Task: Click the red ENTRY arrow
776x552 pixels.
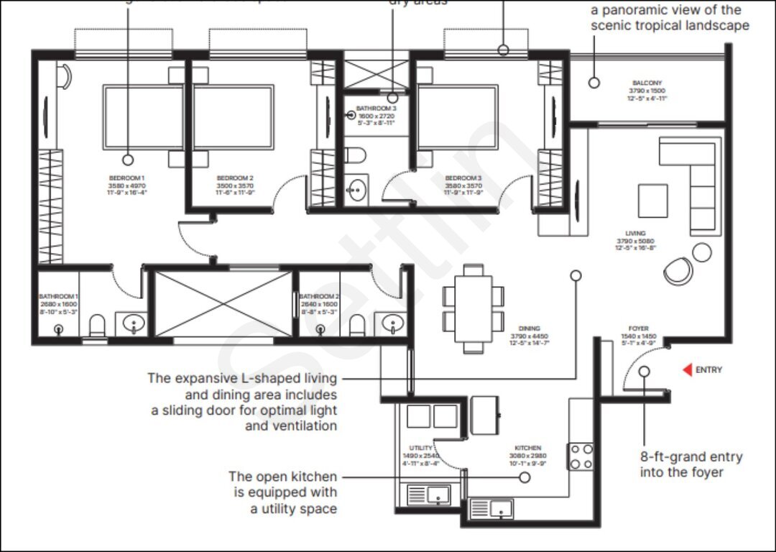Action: coord(687,370)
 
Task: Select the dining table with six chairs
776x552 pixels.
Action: coord(473,308)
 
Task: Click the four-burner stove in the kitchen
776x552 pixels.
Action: coord(581,456)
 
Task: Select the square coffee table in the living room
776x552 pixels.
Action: coord(652,199)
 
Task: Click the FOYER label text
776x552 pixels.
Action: coord(638,329)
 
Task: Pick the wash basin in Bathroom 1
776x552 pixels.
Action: coord(133,325)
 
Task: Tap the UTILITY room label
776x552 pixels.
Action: coord(420,448)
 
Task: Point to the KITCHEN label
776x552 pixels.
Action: coord(528,448)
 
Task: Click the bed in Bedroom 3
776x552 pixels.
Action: coord(458,119)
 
